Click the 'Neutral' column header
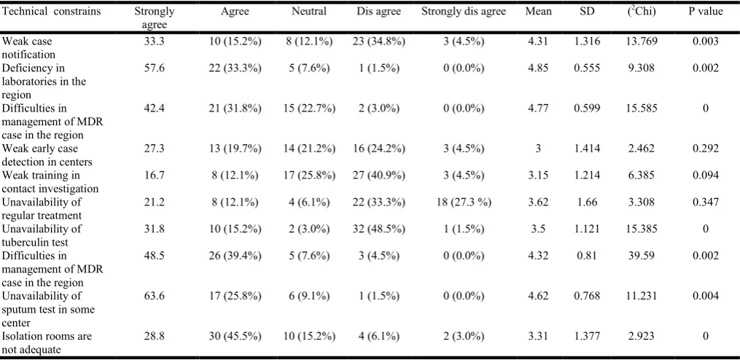point(308,12)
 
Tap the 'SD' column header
point(587,12)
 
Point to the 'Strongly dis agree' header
point(464,12)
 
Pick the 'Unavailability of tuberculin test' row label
point(42,235)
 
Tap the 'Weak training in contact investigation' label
point(50,181)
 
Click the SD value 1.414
point(587,149)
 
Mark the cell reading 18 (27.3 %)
point(464,203)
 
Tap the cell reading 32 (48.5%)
point(379,230)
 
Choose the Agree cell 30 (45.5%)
point(235,337)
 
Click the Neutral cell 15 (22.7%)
point(309,109)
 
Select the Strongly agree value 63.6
point(155,297)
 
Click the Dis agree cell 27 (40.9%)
point(379,176)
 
